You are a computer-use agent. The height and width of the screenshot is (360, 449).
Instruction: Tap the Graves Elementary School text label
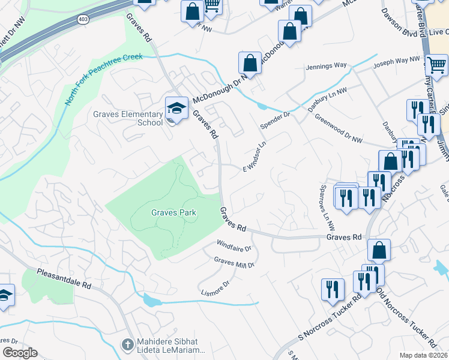[128, 118]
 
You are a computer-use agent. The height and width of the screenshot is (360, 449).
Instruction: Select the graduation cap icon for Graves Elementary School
[176, 108]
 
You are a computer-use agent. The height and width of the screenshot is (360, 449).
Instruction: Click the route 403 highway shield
[82, 19]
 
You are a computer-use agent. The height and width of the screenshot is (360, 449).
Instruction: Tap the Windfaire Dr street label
[234, 245]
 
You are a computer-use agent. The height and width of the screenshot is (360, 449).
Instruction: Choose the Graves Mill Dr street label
[235, 262]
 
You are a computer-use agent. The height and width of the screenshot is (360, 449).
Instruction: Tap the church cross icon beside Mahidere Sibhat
[127, 345]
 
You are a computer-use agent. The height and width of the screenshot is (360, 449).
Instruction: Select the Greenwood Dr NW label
[339, 128]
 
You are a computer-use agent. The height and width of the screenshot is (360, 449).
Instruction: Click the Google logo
[20, 353]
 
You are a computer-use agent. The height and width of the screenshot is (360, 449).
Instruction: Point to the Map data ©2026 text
[424, 355]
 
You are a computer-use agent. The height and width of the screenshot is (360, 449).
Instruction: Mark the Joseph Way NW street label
[396, 61]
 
